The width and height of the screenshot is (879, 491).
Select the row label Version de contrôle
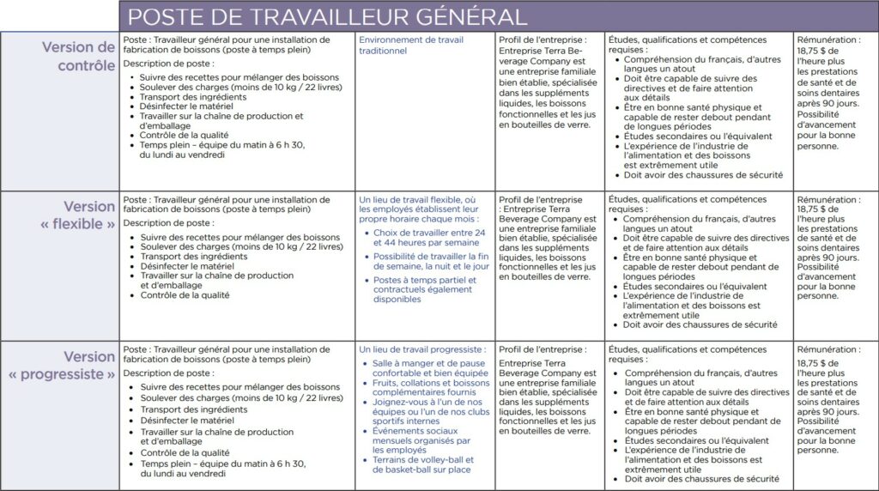tap(78, 56)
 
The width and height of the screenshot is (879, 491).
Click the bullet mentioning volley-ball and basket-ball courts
tap(422, 464)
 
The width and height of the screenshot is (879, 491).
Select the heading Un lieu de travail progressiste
tap(422, 349)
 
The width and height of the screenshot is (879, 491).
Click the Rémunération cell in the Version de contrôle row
tap(828, 93)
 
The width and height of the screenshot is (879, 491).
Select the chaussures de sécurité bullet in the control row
tap(703, 175)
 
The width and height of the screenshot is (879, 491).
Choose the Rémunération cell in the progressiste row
tap(828, 399)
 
